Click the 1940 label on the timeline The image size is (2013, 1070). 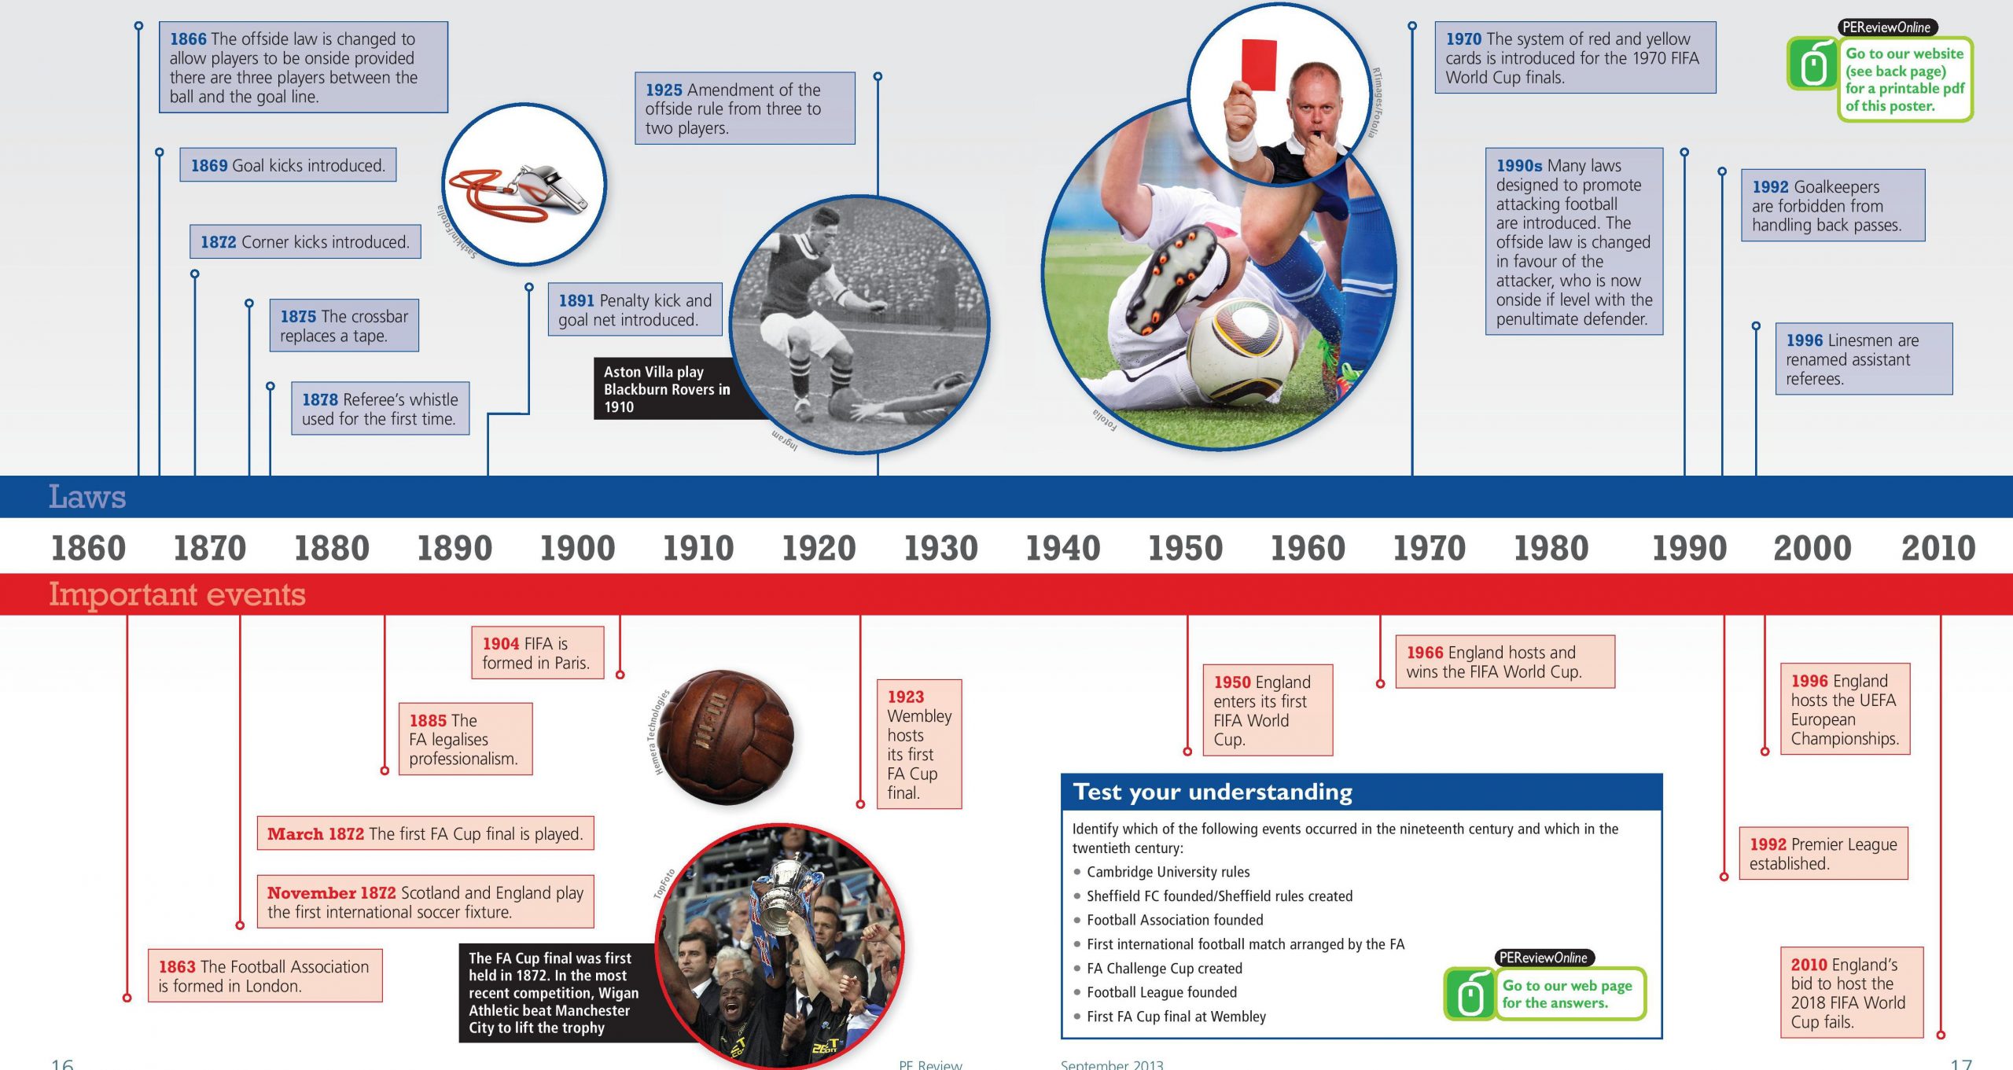1062,547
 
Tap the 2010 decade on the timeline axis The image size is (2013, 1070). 1938,547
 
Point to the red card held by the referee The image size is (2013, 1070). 1258,64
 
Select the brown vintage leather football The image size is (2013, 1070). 724,736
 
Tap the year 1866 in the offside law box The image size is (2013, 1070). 188,39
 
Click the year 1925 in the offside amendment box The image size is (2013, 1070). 664,90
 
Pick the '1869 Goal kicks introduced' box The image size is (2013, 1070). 288,165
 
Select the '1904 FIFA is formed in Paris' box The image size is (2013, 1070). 537,653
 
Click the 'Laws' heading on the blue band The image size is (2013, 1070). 87,497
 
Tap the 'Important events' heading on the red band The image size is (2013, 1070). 177,594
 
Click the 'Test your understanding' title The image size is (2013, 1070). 1213,792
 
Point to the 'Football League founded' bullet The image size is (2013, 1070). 1161,992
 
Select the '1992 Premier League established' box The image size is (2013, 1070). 1823,853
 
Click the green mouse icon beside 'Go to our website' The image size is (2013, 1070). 1813,63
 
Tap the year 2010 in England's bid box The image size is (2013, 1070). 1809,965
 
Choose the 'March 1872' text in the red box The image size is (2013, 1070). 315,834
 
